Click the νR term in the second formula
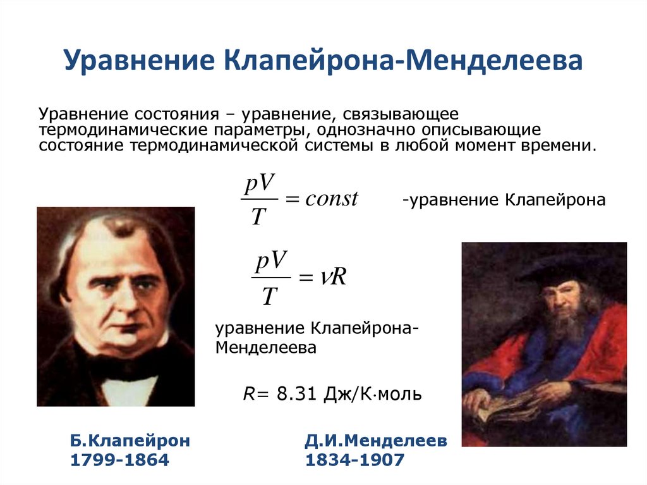pyautogui.click(x=331, y=276)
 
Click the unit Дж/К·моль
pyautogui.click(x=373, y=394)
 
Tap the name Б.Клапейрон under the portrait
pyautogui.click(x=130, y=441)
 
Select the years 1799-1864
pyautogui.click(x=120, y=460)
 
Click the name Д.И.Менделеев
pyautogui.click(x=376, y=441)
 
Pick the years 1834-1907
pyautogui.click(x=354, y=460)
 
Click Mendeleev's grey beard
pyautogui.click(x=562, y=329)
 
